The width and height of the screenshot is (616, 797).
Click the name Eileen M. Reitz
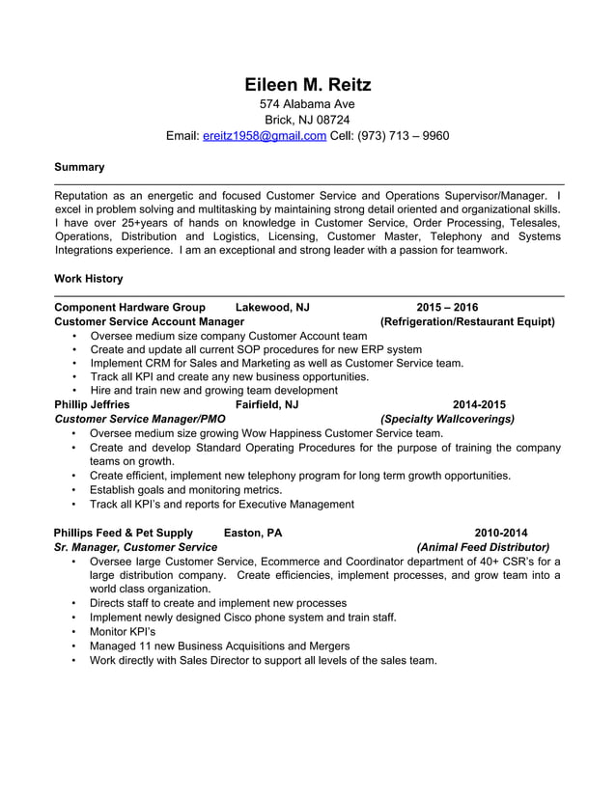[x=307, y=85]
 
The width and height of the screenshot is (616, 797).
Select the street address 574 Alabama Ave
[x=307, y=104]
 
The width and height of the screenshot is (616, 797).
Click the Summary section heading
[x=79, y=168]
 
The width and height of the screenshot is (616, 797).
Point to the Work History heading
[x=89, y=279]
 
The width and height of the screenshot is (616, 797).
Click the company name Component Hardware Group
[x=130, y=308]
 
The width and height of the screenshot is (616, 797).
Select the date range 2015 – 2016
[x=447, y=308]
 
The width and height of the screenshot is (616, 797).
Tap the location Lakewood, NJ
[x=272, y=308]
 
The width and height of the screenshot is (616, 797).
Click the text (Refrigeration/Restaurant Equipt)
[x=467, y=321]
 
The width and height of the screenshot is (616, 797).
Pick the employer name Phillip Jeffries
[x=92, y=405]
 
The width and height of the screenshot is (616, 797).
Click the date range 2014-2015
[x=479, y=405]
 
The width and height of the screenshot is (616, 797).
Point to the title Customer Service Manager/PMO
[x=140, y=420]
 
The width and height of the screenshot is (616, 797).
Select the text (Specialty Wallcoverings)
[x=447, y=420]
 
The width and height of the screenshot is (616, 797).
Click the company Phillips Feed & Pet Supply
[x=124, y=533]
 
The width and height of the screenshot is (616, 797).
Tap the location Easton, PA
[x=253, y=533]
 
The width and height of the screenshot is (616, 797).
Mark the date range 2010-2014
[x=500, y=533]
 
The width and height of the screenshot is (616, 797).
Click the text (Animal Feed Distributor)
[x=483, y=547]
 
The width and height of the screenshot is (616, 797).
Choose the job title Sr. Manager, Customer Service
[x=136, y=547]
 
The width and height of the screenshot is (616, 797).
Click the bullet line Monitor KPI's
[x=123, y=632]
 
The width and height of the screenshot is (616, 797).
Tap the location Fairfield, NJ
[x=273, y=405]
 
